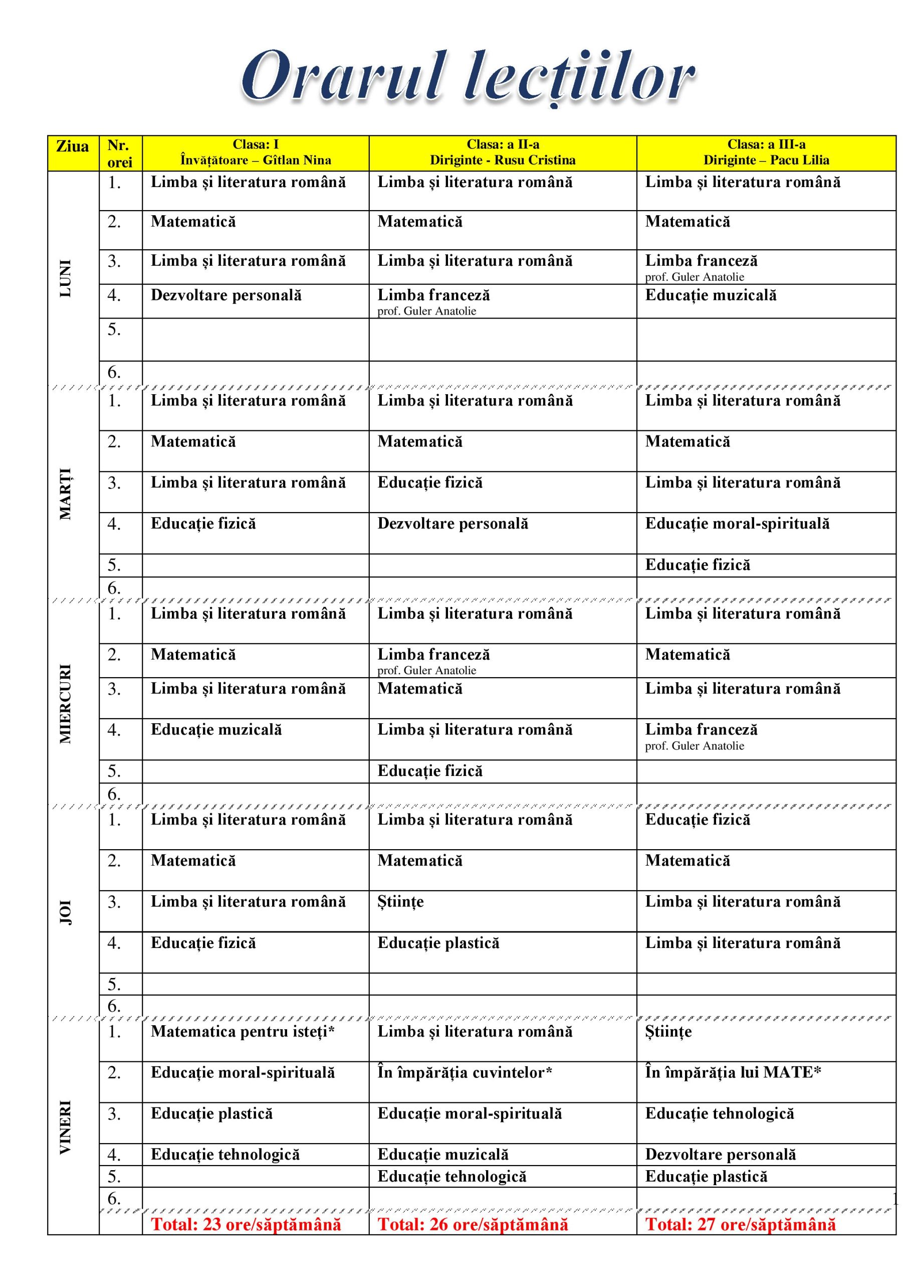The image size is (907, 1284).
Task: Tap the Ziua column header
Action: click(73, 146)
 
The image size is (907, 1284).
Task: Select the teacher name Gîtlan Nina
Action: click(297, 160)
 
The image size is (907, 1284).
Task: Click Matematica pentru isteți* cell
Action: click(243, 1031)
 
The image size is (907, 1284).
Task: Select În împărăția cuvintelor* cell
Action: click(465, 1073)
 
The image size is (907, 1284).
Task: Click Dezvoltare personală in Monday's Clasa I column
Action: click(226, 295)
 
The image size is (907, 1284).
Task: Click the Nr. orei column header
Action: click(120, 154)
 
